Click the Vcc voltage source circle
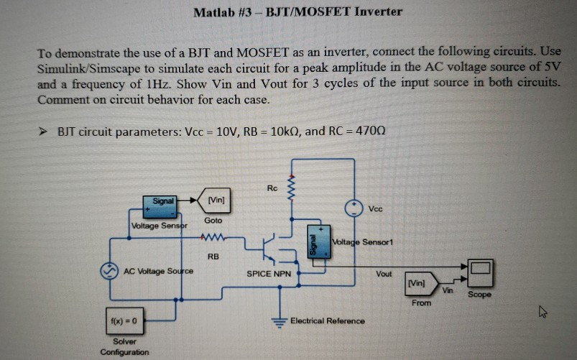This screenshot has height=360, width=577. point(353,208)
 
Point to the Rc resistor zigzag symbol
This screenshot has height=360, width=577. point(292,191)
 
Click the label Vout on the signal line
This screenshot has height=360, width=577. point(384,274)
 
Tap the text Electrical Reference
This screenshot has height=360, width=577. point(327,320)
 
